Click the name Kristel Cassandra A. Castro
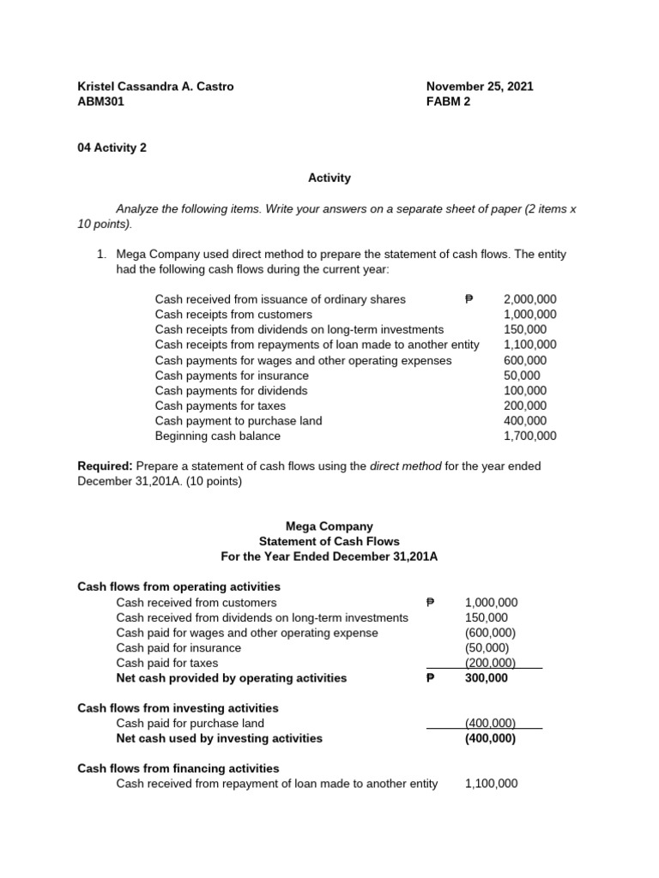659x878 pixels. click(x=155, y=86)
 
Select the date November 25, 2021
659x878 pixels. click(x=480, y=86)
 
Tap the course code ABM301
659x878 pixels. click(x=101, y=101)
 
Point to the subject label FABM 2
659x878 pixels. click(x=448, y=101)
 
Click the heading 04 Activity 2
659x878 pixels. click(x=112, y=147)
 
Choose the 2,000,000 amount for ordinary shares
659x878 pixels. click(x=529, y=299)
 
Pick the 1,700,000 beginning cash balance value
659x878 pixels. click(x=529, y=436)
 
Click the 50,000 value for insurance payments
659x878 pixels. click(x=522, y=376)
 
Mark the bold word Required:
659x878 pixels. click(x=106, y=466)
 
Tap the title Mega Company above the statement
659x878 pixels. click(x=329, y=526)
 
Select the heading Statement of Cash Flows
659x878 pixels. click(x=329, y=542)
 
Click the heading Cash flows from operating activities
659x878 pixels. click(x=178, y=586)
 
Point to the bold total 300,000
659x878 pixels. click(x=486, y=678)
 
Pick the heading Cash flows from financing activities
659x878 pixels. click(x=178, y=768)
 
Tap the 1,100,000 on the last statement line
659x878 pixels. click(x=491, y=784)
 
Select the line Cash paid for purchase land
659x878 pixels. click(x=190, y=723)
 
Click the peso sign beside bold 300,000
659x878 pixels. click(x=431, y=678)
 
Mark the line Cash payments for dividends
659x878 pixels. click(x=231, y=390)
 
